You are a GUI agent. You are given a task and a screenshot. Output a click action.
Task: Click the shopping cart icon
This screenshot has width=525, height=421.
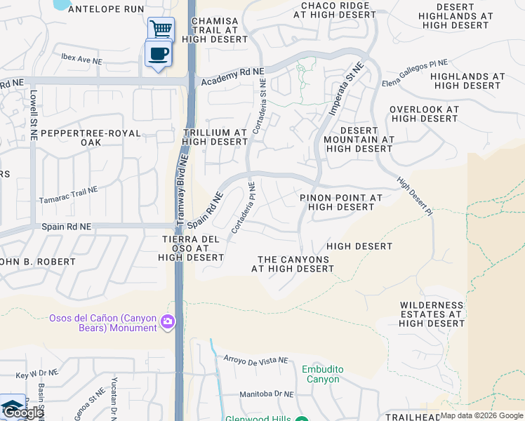161,29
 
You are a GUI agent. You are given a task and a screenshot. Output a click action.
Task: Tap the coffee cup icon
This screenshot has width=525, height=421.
157,53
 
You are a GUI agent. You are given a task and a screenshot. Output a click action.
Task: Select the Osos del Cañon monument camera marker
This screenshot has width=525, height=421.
168,322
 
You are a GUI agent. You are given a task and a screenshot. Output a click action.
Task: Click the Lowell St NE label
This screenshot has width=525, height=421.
32,109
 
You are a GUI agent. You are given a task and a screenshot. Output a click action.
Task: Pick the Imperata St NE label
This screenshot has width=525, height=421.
347,88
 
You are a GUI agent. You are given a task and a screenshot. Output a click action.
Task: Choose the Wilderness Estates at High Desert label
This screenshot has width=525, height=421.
432,314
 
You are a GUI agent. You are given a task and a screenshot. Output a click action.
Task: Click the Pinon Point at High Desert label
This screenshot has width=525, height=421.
341,202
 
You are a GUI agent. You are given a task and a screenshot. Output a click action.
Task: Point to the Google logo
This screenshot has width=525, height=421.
22,413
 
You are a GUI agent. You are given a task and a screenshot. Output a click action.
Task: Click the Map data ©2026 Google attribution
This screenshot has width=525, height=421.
481,415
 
